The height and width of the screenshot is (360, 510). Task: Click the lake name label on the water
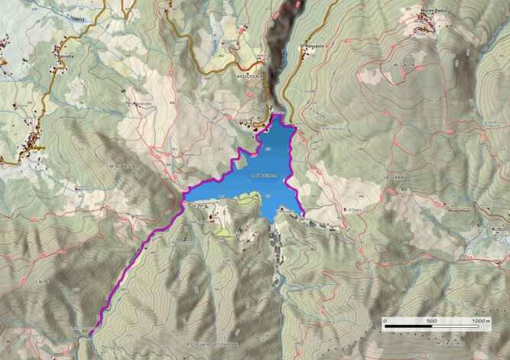(264, 175)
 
